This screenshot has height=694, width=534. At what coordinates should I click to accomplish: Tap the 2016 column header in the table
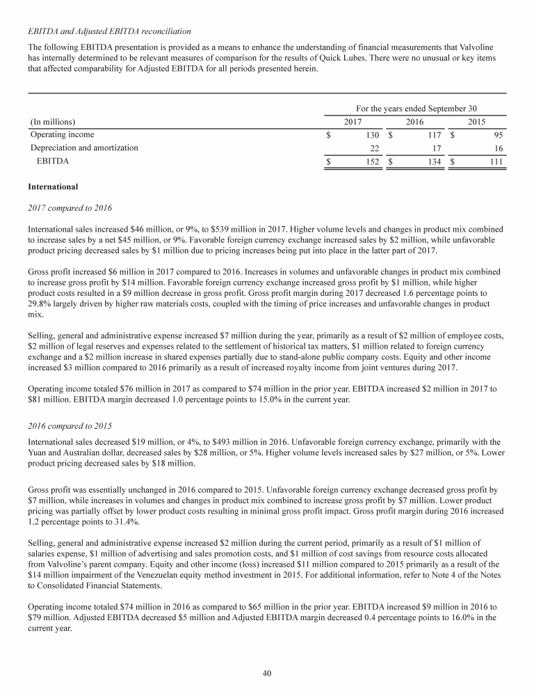[x=414, y=122]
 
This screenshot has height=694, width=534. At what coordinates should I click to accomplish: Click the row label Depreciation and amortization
[x=84, y=148]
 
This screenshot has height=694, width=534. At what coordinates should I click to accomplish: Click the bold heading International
[x=53, y=187]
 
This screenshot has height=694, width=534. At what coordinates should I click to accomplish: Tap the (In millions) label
[x=53, y=122]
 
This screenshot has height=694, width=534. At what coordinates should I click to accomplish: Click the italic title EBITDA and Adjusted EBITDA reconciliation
[x=109, y=31]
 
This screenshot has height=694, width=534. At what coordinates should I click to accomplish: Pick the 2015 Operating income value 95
[x=496, y=135]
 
